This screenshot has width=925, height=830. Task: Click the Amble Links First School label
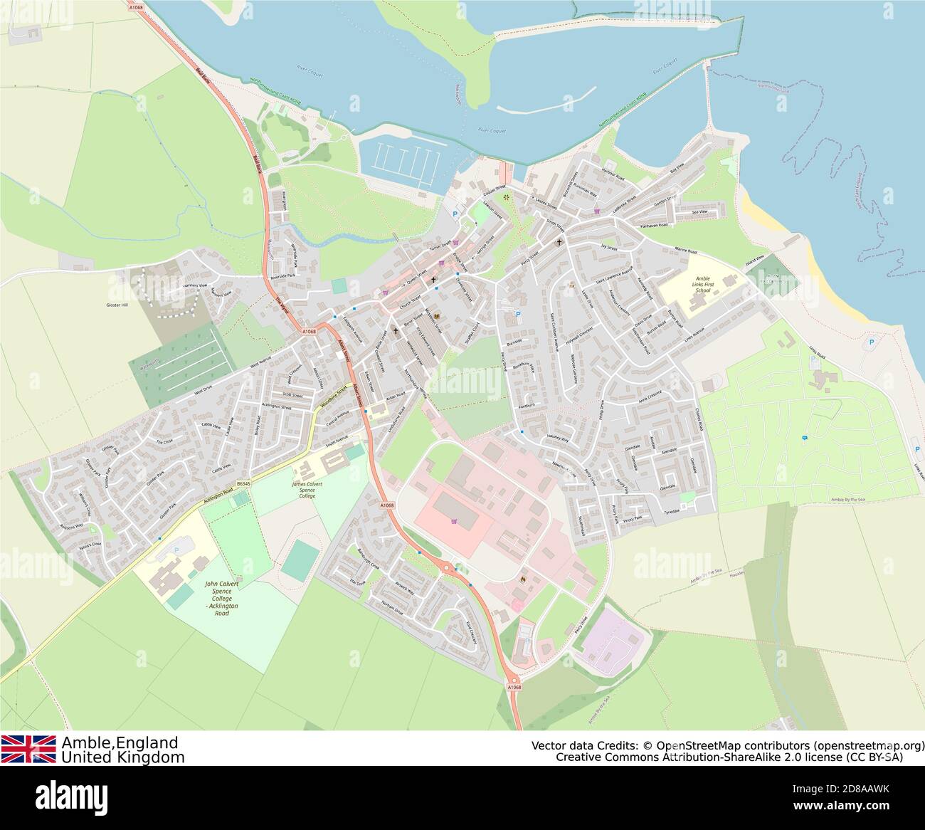click(x=702, y=285)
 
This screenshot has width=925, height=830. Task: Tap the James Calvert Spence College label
click(x=307, y=490)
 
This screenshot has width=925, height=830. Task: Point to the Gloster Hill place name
click(x=114, y=305)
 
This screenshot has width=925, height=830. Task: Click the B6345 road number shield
click(x=244, y=484)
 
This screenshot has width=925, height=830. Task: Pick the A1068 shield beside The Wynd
click(x=307, y=331)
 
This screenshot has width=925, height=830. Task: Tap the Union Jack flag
click(x=28, y=749)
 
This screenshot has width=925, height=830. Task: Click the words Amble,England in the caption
click(x=120, y=742)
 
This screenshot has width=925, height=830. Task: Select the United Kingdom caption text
click(x=122, y=757)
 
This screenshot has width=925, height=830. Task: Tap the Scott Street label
click(x=292, y=394)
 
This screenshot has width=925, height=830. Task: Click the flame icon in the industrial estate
click(x=523, y=579)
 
